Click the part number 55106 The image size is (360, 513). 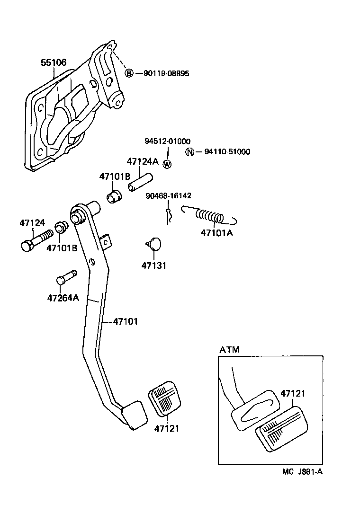pyautogui.click(x=53, y=62)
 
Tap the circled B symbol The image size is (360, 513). pyautogui.click(x=129, y=73)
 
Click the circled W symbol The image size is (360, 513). pyautogui.click(x=167, y=164)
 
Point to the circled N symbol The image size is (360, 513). pyautogui.click(x=189, y=152)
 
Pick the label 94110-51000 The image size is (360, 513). pyautogui.click(x=227, y=152)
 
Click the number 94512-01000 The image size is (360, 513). pyautogui.click(x=167, y=141)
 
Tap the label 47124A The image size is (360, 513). pyautogui.click(x=142, y=161)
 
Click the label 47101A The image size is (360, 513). pyautogui.click(x=216, y=233)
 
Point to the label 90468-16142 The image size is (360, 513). pyautogui.click(x=169, y=195)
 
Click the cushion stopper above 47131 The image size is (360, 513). pyautogui.click(x=154, y=244)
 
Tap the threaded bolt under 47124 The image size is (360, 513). pyautogui.click(x=36, y=240)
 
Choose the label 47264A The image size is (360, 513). pyautogui.click(x=63, y=298)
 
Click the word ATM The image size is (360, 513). pyautogui.click(x=229, y=350)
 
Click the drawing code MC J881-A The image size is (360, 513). pyautogui.click(x=303, y=472)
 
